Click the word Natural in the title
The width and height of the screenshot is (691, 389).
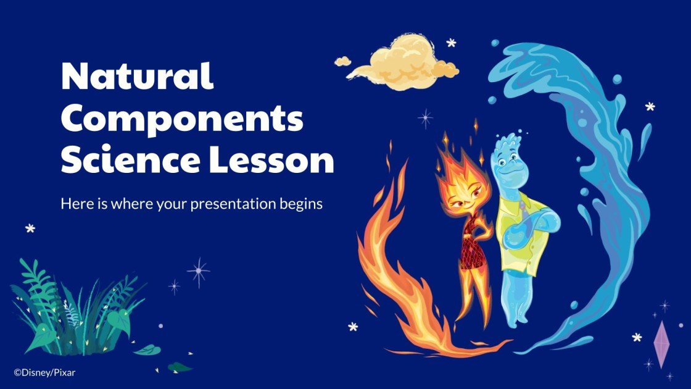tap(137, 77)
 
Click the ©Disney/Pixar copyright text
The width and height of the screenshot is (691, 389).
tap(44, 372)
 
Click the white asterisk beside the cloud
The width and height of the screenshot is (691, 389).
tap(452, 43)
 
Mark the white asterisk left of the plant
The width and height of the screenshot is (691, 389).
tap(30, 228)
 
